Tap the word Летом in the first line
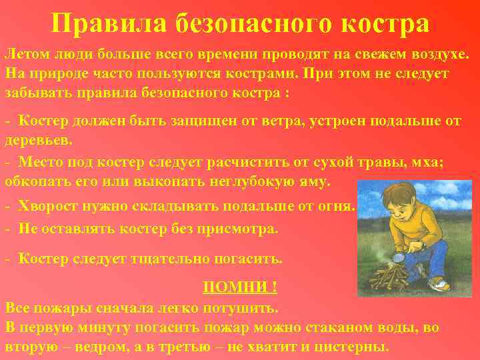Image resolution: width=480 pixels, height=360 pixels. (x=27, y=53)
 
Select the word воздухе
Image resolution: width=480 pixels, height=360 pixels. (x=437, y=53)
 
